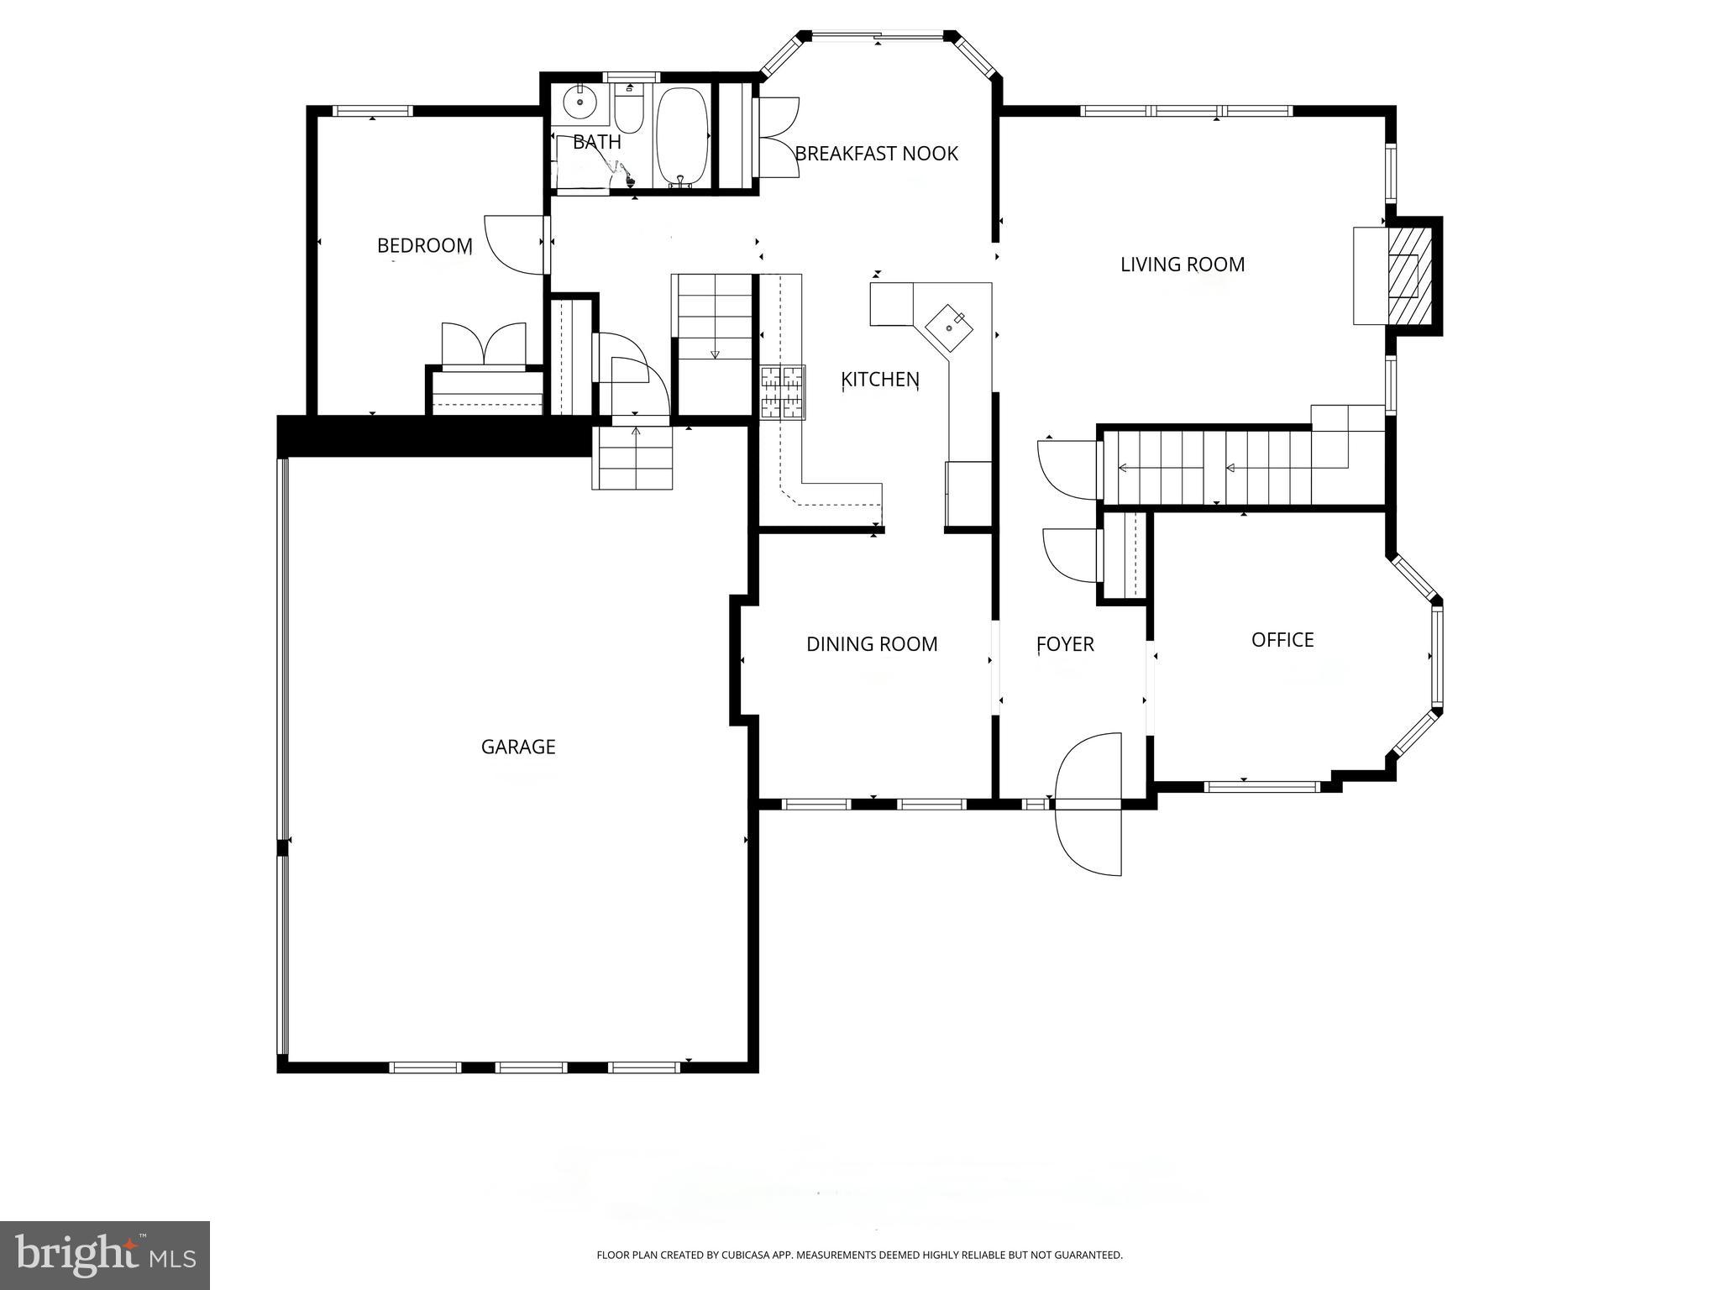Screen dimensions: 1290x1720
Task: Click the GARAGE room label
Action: click(518, 747)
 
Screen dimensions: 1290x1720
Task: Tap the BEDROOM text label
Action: click(424, 245)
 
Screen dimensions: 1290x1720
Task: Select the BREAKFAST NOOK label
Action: click(876, 154)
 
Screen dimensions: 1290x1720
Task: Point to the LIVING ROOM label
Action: click(1182, 265)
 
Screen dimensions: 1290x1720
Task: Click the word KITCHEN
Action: click(879, 380)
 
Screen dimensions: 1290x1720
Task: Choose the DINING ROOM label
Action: click(871, 644)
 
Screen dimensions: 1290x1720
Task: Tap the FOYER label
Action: click(1064, 644)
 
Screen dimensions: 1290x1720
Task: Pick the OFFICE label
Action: click(1282, 640)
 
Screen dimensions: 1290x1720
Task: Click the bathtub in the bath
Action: click(681, 137)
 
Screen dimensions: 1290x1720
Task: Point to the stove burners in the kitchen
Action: click(783, 392)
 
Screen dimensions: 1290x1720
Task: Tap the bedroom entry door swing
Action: click(514, 244)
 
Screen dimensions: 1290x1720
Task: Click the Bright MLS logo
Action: click(104, 1255)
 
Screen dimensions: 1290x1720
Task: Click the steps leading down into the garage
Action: click(632, 458)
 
